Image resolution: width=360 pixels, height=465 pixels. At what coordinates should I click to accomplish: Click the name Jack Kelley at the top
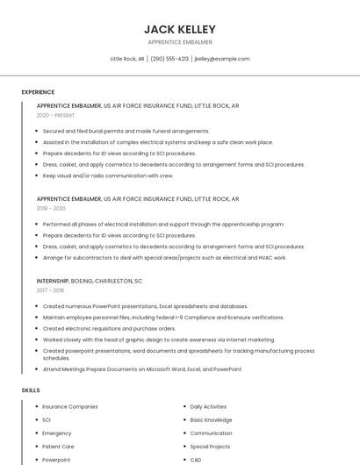click(x=179, y=29)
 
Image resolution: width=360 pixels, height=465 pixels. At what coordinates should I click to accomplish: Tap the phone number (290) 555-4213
click(x=169, y=59)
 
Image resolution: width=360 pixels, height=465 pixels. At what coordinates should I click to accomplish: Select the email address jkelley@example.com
click(x=222, y=59)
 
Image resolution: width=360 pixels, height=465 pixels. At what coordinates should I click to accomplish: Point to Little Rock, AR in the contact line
click(x=127, y=59)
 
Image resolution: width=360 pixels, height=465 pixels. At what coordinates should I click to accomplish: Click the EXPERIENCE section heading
click(x=38, y=92)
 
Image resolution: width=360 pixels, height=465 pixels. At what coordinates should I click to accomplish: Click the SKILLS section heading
click(x=31, y=390)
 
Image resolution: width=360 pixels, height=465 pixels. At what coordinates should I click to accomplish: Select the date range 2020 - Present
click(x=55, y=115)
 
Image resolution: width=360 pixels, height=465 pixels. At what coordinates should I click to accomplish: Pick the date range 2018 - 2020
click(x=51, y=209)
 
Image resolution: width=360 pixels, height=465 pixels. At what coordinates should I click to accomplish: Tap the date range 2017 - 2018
click(x=50, y=290)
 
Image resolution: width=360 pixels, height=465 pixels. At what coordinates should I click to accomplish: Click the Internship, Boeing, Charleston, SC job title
click(x=90, y=281)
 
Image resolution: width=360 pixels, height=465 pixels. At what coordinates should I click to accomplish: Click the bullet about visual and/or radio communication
click(x=108, y=175)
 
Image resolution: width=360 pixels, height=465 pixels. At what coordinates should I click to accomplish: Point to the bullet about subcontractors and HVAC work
click(x=164, y=258)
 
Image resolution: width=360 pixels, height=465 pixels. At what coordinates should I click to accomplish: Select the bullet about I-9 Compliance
click(x=163, y=317)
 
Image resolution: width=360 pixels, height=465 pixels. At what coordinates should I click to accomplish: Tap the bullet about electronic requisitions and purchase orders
click(x=109, y=328)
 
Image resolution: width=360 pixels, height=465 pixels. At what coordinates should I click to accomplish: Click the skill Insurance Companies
click(x=70, y=407)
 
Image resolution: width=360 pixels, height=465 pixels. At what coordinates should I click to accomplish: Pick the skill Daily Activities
click(x=208, y=407)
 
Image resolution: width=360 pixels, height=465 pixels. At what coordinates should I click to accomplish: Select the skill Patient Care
click(x=58, y=447)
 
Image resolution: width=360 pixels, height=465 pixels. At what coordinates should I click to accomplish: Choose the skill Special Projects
click(x=211, y=447)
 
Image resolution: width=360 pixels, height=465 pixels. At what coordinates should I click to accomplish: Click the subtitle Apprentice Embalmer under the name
click(x=179, y=42)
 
